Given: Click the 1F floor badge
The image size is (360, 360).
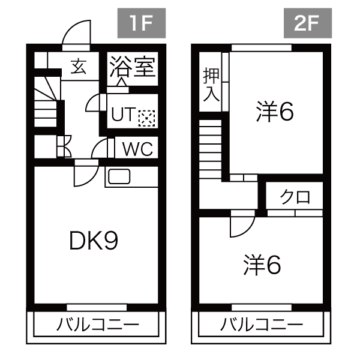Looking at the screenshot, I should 140,25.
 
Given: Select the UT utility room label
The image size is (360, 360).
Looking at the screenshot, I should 122,115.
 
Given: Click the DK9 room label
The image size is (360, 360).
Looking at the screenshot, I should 93,241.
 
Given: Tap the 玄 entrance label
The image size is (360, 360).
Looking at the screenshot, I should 78,66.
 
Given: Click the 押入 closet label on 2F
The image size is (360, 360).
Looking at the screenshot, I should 210,84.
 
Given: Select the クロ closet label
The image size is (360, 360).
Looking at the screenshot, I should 295,197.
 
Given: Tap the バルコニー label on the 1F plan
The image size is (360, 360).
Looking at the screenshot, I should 97,325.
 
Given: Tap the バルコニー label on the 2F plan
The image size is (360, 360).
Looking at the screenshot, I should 261,325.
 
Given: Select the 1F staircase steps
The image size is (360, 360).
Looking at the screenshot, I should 46,106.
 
